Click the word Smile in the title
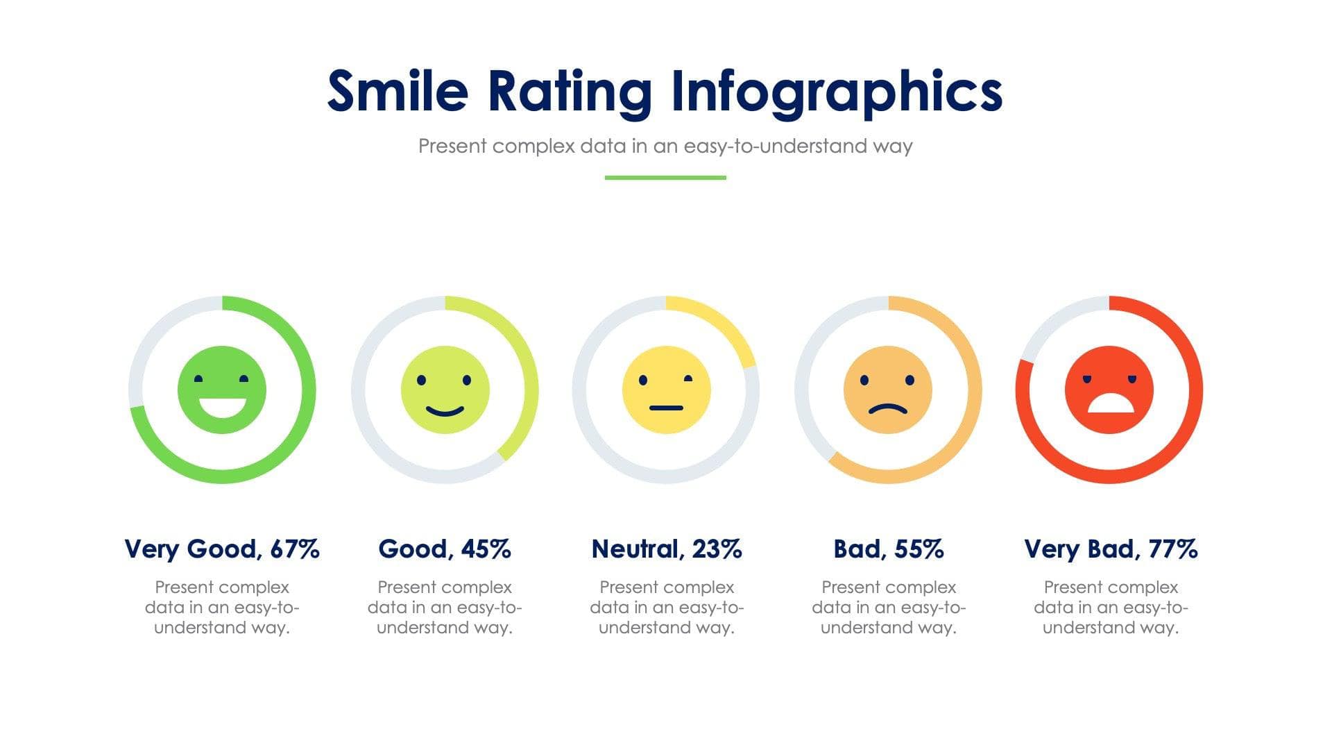(398, 91)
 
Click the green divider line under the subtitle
(665, 178)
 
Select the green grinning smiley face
(222, 390)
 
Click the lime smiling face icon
(445, 390)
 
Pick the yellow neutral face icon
(666, 390)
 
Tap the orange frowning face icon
(888, 390)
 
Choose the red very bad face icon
(1109, 390)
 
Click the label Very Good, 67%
(222, 549)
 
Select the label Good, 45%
(445, 549)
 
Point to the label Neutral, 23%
(666, 549)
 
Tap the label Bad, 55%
(888, 549)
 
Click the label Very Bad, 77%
(1110, 549)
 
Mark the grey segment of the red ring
(1054, 323)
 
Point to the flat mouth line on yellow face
(667, 408)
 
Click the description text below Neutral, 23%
(666, 607)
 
